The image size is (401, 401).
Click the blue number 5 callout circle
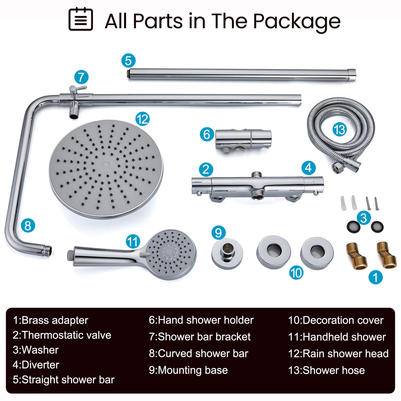(128, 61)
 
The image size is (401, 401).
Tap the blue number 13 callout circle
(340, 130)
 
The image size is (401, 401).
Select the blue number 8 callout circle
(28, 225)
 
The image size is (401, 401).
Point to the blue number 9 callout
(218, 232)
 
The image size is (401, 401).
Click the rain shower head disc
(106, 169)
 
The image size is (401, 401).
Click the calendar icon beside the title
(81, 19)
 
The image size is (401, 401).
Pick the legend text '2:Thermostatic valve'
(62, 335)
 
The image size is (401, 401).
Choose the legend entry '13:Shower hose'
(326, 370)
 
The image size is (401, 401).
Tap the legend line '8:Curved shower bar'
(198, 353)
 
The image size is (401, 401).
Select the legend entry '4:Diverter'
(36, 365)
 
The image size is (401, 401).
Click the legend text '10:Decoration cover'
(336, 320)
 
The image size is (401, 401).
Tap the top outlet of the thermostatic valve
(256, 174)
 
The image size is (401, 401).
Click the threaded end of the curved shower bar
(48, 250)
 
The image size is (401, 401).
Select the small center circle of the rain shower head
(106, 165)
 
